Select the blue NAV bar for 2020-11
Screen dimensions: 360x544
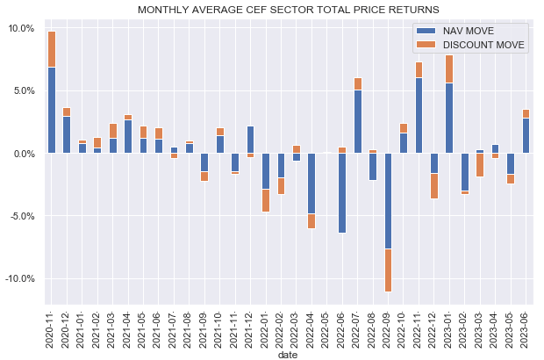pos(52,110)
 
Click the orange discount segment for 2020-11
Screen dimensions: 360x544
pos(52,49)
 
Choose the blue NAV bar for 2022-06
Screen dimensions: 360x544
pos(341,193)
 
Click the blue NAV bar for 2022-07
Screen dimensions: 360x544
pos(357,121)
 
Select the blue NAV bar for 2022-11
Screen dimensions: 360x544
pos(419,115)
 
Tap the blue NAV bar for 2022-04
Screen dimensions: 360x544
pos(311,184)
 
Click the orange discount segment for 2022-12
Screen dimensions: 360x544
pos(433,185)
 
